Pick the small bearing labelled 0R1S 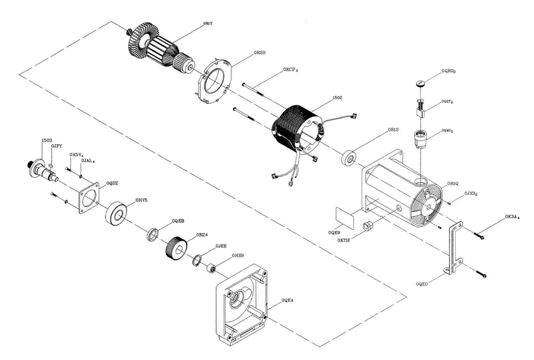tap(349, 158)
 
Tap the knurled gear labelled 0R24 tap(176, 251)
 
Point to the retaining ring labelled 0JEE tap(197, 261)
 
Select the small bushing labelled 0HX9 tap(211, 269)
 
